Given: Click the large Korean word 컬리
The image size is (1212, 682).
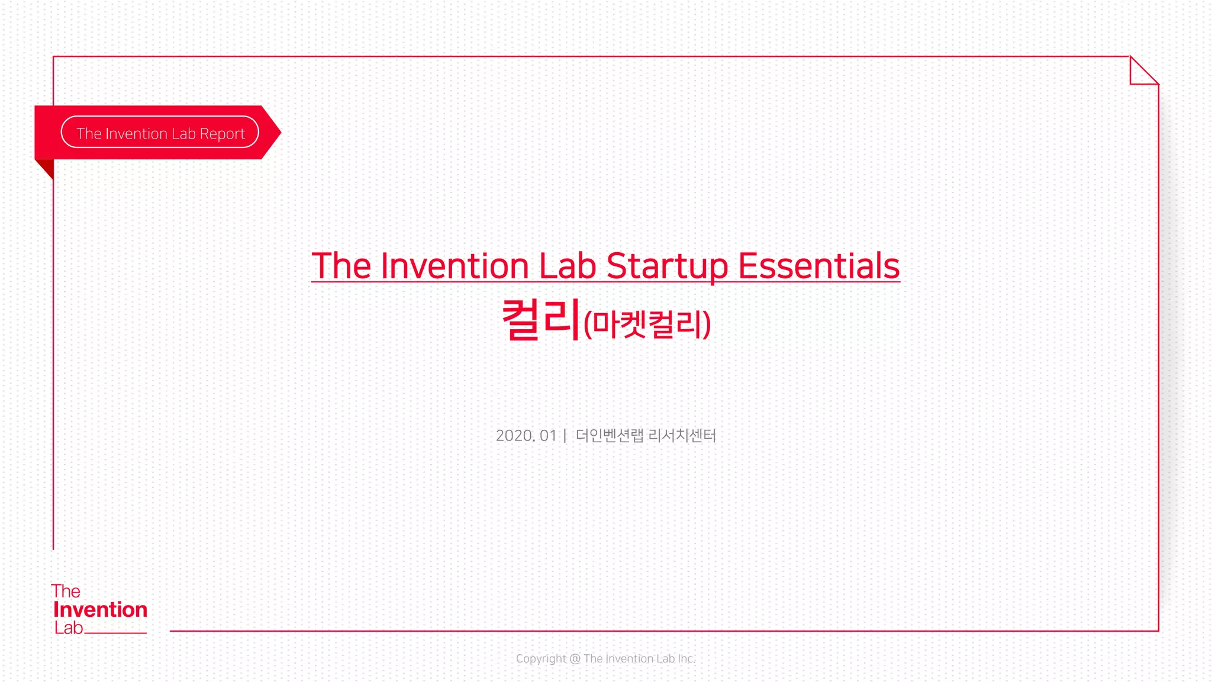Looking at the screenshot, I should click(540, 320).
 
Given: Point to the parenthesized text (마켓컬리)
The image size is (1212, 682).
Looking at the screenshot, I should click(647, 324).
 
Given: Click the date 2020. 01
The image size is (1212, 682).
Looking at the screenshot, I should click(526, 436).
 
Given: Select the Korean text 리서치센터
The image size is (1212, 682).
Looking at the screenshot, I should click(682, 436).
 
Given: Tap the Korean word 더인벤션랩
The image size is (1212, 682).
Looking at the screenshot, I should click(609, 436).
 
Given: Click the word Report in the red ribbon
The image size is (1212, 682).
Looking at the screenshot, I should click(222, 134).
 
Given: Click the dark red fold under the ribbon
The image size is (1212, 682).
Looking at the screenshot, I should click(46, 168).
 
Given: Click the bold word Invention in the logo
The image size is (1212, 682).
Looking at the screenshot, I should click(100, 609).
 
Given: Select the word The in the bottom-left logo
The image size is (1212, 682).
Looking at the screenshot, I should click(65, 591).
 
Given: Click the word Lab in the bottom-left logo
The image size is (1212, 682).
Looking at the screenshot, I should click(69, 628).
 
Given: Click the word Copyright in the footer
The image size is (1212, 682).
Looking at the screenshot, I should click(541, 658).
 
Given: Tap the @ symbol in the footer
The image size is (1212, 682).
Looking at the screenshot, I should click(575, 658).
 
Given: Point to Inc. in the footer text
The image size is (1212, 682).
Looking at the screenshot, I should click(686, 658).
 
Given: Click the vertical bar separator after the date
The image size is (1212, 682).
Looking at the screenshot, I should click(565, 436).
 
